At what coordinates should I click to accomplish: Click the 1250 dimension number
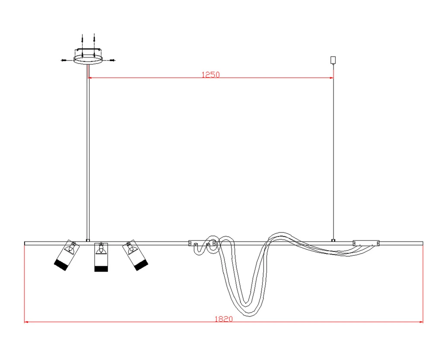pos(211,75)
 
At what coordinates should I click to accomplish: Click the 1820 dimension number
pos(224,319)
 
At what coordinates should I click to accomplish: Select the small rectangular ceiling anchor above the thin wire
pos(333,60)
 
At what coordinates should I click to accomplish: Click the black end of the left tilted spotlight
pos(61,265)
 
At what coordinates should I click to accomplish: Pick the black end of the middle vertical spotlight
pos(101,269)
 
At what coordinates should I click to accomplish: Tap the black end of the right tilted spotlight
pos(141,265)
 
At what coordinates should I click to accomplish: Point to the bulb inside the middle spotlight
pos(101,250)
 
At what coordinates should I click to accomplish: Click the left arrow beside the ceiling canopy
pos(64,60)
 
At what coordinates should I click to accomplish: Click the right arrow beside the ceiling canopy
pos(112,60)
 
